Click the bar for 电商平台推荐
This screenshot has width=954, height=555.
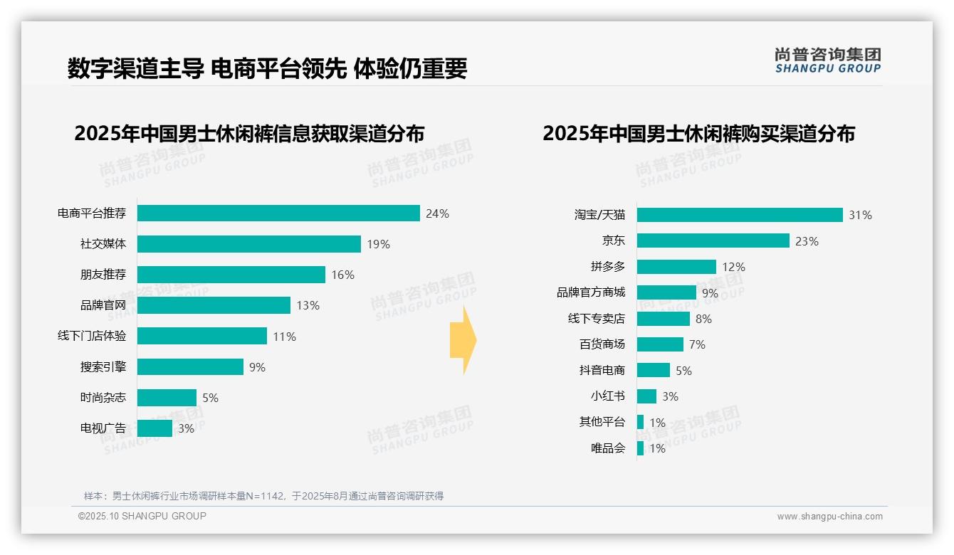pyautogui.click(x=278, y=213)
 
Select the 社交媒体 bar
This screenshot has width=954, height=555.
pyautogui.click(x=249, y=244)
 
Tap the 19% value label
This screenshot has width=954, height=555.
pyautogui.click(x=378, y=244)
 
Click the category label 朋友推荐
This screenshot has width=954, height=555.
pyautogui.click(x=103, y=275)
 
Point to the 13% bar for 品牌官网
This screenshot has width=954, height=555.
pyautogui.click(x=214, y=305)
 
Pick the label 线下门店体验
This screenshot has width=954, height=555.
pyautogui.click(x=91, y=336)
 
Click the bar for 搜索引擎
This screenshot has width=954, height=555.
pyautogui.click(x=190, y=366)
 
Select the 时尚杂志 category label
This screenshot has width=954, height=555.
pyautogui.click(x=103, y=398)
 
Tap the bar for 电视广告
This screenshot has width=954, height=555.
pyautogui.click(x=154, y=428)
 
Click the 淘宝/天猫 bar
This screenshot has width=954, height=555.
pyautogui.click(x=740, y=215)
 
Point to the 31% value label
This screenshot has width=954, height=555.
pyautogui.click(x=860, y=215)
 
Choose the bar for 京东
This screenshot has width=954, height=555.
pyautogui.click(x=713, y=240)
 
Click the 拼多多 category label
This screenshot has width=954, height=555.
pyautogui.click(x=607, y=267)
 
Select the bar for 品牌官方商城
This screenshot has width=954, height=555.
pyautogui.click(x=666, y=292)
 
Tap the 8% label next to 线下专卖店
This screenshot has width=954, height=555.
pyautogui.click(x=703, y=319)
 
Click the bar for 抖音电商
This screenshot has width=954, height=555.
pyautogui.click(x=654, y=370)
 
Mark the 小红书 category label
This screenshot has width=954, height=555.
pyautogui.click(x=607, y=396)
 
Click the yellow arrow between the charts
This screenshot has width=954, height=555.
pyautogui.click(x=463, y=341)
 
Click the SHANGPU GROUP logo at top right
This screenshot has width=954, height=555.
pyautogui.click(x=827, y=60)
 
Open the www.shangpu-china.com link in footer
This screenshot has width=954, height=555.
pyautogui.click(x=829, y=517)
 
